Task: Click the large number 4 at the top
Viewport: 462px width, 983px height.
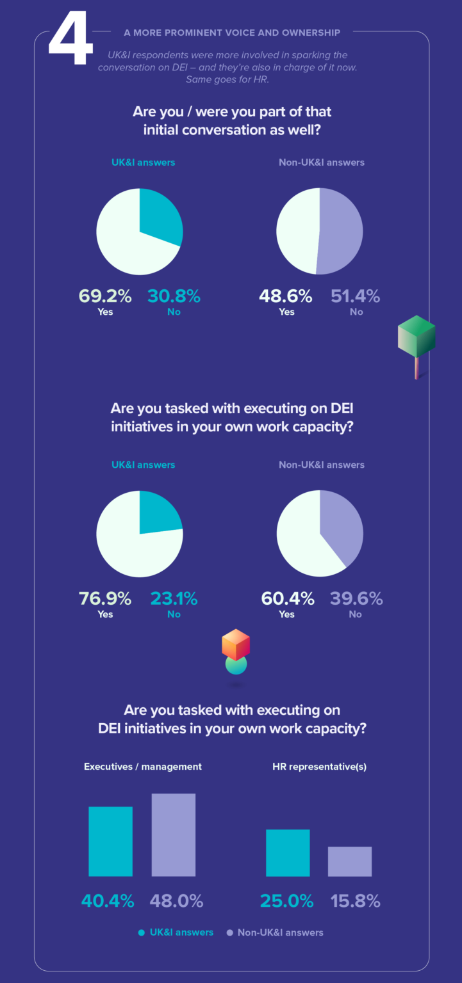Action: pos(70,40)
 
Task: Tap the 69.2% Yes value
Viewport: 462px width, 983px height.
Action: pos(105,296)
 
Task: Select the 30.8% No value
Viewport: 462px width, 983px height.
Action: pos(174,296)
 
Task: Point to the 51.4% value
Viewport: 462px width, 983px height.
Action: pos(355,296)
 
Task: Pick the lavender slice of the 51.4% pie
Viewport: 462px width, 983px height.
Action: pos(343,231)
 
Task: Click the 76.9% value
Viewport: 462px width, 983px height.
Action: pos(105,598)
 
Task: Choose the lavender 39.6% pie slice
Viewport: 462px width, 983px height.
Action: pos(343,525)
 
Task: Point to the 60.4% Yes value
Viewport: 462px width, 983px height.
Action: pos(288,598)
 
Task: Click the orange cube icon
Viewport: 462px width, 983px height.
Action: pos(235,644)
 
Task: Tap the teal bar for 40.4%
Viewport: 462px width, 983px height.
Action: pos(110,841)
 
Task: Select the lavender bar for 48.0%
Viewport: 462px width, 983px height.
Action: pos(173,835)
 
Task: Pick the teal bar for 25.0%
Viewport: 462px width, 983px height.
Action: pos(288,852)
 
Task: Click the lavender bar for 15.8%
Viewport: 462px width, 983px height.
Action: pos(350,861)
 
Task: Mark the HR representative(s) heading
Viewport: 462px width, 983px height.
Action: pos(319,766)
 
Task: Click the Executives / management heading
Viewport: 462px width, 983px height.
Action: pos(143,766)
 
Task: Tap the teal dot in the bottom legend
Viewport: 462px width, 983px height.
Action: pos(141,932)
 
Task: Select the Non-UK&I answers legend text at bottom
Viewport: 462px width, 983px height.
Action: pos(280,932)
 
